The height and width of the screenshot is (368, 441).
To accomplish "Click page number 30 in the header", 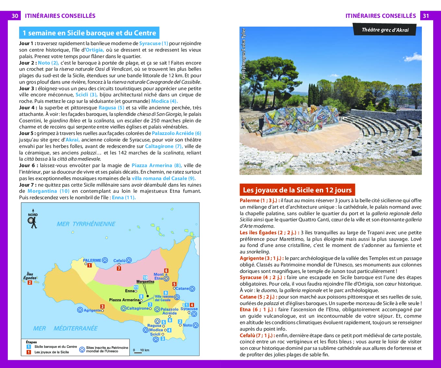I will tap(15, 16).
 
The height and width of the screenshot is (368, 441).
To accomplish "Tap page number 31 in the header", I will tap(426, 16).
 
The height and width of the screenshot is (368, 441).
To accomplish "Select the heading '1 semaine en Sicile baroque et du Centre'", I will tap(89, 33).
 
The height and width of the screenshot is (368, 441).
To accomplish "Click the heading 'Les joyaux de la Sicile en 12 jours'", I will tap(297, 190).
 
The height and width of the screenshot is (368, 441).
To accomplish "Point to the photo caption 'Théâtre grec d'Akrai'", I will tap(385, 30).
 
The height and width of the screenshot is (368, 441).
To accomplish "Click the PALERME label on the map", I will tap(92, 260).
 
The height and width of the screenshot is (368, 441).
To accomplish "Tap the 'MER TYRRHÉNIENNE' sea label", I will tap(86, 224).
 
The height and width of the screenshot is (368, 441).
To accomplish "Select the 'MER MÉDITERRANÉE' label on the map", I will tap(65, 328).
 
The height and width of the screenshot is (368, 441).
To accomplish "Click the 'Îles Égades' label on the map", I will tap(30, 276).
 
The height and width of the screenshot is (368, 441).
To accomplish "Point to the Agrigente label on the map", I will tap(92, 310).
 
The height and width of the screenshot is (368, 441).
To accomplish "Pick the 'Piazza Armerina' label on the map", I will tap(124, 300).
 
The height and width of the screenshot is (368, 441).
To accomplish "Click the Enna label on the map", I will tap(129, 291).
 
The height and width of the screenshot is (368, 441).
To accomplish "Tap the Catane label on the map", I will tap(182, 288).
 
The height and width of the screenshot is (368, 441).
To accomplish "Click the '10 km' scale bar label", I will tap(144, 350).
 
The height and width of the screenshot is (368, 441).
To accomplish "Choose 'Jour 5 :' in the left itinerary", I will tap(27, 133).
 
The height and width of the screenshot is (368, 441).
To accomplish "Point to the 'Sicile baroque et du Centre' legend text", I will tap(55, 347).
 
